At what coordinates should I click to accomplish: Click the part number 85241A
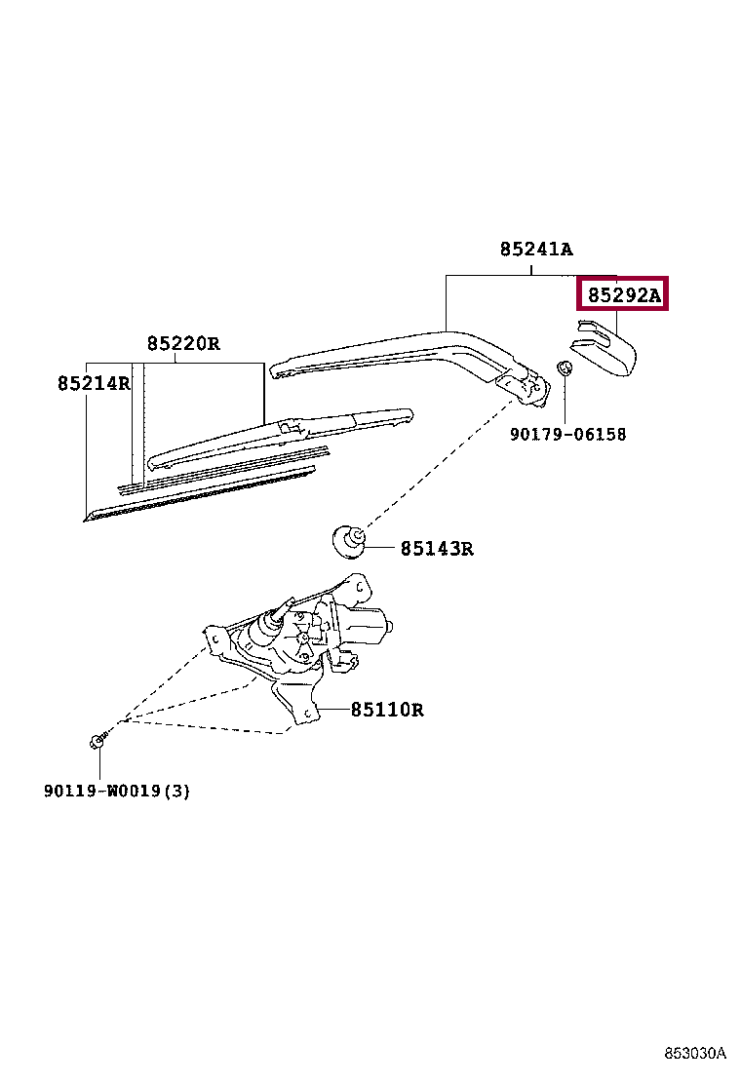pyautogui.click(x=535, y=249)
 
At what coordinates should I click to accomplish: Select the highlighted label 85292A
pyautogui.click(x=622, y=293)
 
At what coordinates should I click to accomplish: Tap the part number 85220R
pyautogui.click(x=183, y=343)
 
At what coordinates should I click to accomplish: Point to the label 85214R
pyautogui.click(x=94, y=383)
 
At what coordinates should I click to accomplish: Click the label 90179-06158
pyautogui.click(x=567, y=434)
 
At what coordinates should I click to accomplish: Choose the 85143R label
pyautogui.click(x=436, y=549)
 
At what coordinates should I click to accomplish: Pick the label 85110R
pyautogui.click(x=387, y=710)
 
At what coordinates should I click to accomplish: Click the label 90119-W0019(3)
pyautogui.click(x=116, y=791)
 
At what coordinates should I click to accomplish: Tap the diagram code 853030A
pyautogui.click(x=695, y=1054)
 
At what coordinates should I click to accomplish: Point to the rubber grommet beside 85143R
pyautogui.click(x=348, y=539)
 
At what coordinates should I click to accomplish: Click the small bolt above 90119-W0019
pyautogui.click(x=97, y=742)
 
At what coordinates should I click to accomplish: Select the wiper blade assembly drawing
pyautogui.click(x=283, y=435)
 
